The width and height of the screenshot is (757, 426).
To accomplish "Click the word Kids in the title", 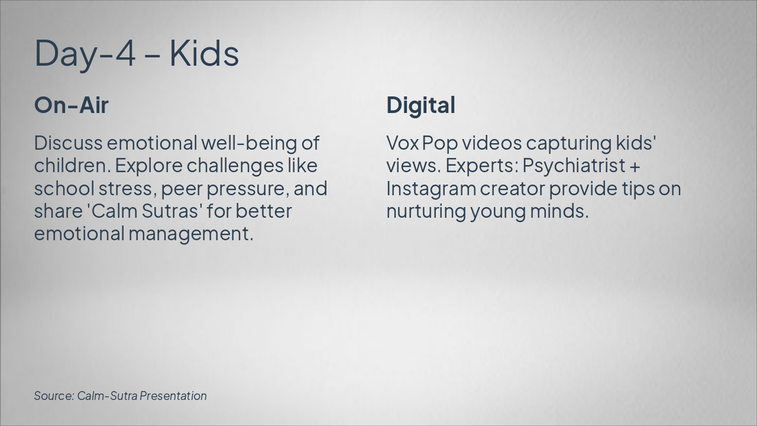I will point(204,53).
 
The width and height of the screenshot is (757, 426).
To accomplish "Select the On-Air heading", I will point(72,105).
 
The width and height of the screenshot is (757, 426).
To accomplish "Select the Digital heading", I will point(420,105).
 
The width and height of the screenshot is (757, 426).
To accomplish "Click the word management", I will point(190,234).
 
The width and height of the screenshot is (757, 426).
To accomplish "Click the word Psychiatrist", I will point(573,166).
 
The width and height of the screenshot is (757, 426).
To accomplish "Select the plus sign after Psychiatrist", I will point(636,166).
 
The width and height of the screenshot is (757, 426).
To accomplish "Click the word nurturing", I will point(426,211).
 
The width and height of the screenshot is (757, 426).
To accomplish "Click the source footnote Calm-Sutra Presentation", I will point(142,396).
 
